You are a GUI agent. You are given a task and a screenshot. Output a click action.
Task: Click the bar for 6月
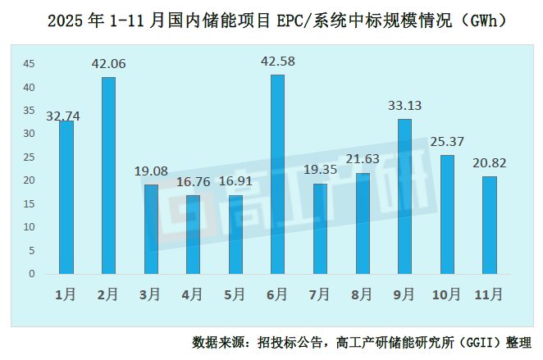tap(277, 174)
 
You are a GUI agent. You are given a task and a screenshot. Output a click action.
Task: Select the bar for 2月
tap(108, 175)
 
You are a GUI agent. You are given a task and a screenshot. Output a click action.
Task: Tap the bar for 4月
tap(193, 234)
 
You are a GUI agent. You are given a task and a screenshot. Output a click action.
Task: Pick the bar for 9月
tap(404, 196)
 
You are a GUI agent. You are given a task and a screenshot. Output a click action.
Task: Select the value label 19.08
tap(151, 171)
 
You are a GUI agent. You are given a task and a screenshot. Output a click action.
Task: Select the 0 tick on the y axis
tap(32, 274)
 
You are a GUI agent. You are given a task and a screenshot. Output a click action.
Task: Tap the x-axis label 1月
tap(66, 294)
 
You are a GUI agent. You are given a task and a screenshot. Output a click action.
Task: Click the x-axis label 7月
tap(320, 294)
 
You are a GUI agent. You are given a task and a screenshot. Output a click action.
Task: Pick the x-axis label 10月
tap(446, 294)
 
